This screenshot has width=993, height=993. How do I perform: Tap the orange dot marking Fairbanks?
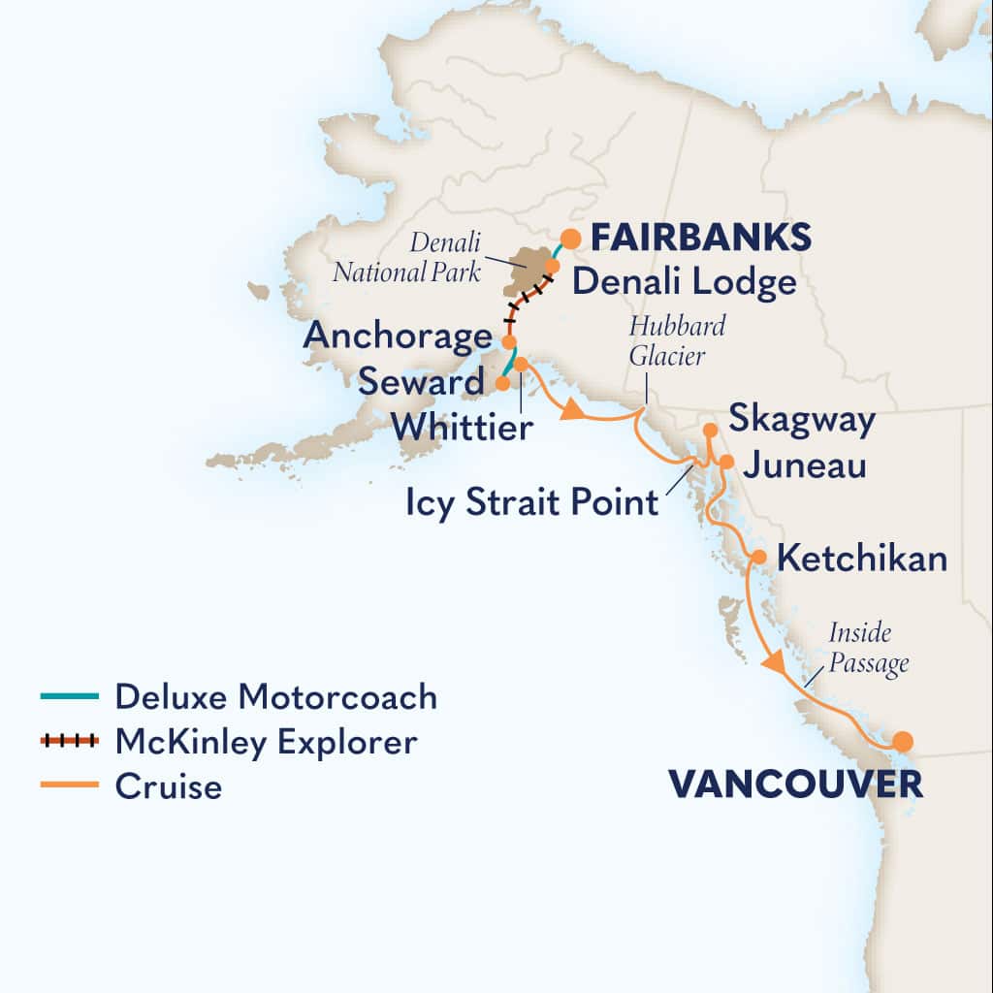click(571, 238)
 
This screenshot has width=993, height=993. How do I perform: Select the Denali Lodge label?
click(684, 282)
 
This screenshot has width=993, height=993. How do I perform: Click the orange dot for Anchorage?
click(508, 341)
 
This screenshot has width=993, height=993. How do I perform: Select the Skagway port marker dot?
click(710, 430)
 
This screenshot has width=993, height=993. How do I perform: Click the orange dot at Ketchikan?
click(759, 558)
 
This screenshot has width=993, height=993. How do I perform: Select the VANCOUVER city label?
click(795, 785)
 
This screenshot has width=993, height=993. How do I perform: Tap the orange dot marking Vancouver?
click(903, 742)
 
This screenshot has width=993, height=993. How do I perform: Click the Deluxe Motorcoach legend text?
click(275, 696)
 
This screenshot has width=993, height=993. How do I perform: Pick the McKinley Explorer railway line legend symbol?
click(70, 741)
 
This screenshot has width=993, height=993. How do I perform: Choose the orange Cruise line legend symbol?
click(70, 785)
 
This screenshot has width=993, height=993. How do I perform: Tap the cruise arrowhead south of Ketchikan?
click(774, 664)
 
